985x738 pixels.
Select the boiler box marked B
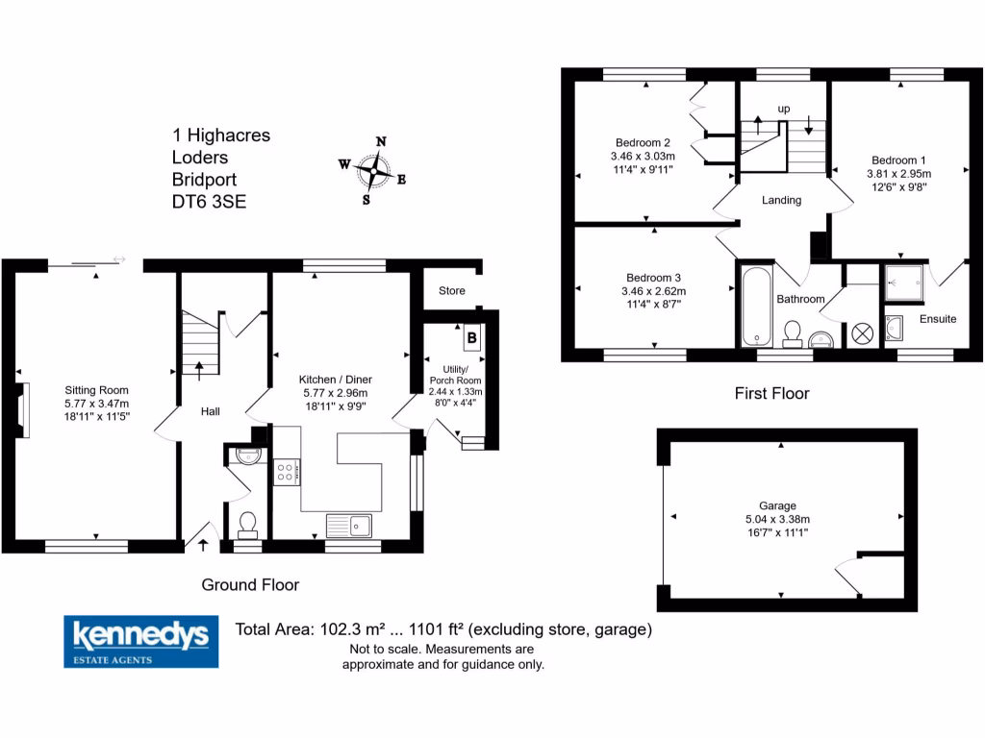(x=472, y=337)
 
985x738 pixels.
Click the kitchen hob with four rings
(x=287, y=471)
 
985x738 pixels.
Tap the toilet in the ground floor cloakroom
(x=248, y=523)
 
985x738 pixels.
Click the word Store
(x=451, y=290)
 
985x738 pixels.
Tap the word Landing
(x=781, y=200)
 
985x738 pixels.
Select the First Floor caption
(x=771, y=393)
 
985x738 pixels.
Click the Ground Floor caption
(x=250, y=584)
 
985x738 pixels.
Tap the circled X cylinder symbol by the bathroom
(x=861, y=332)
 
